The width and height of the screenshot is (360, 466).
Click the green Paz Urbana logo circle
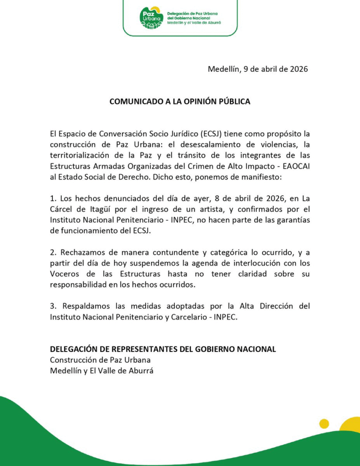[151, 18]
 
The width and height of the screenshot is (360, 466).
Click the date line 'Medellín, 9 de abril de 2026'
[258, 69]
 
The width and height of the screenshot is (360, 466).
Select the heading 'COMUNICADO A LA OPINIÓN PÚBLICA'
[180, 101]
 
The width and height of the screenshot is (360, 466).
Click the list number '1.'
[54, 198]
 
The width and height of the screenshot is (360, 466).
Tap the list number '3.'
[54, 306]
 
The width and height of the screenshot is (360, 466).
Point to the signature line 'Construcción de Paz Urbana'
[100, 360]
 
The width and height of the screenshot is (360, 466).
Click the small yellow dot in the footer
[324, 424]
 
